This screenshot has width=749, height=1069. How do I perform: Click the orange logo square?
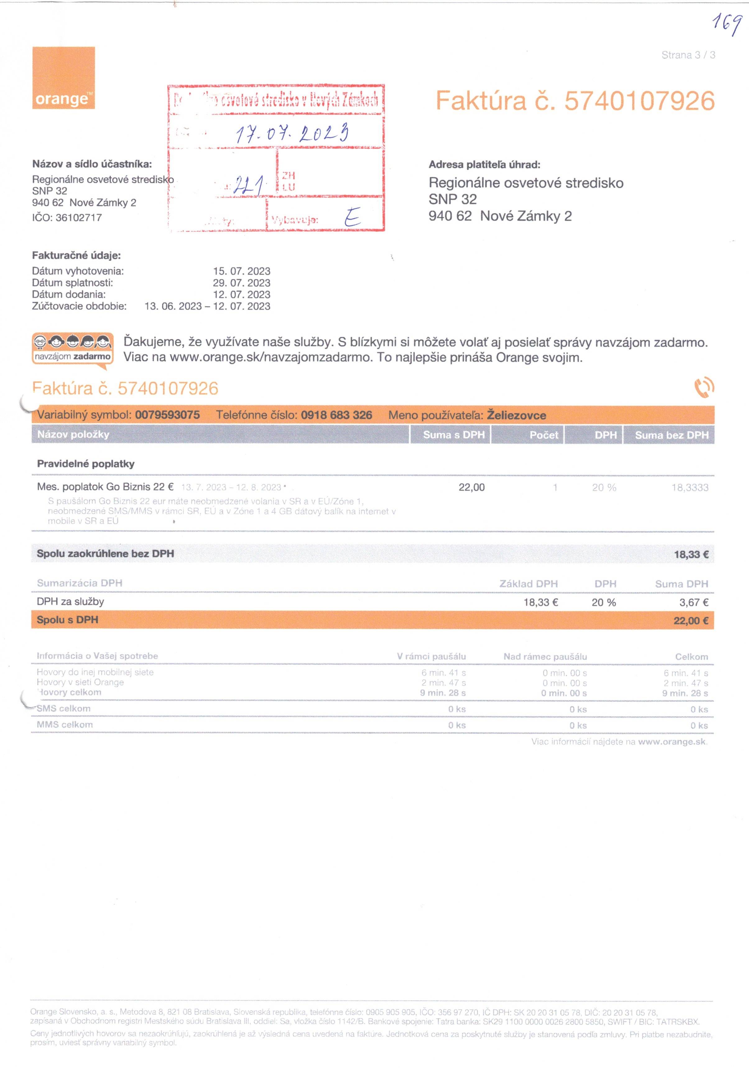point(63,78)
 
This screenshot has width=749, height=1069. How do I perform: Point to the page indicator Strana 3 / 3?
point(688,55)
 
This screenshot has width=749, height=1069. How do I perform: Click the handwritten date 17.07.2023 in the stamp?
point(292,134)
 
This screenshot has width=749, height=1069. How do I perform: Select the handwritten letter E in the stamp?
point(352,217)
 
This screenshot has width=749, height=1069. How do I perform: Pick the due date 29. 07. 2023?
point(242,283)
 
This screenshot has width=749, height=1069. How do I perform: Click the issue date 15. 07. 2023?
point(242,271)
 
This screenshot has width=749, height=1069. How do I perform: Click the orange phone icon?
point(704,387)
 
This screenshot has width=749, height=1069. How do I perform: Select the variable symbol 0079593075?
point(168,415)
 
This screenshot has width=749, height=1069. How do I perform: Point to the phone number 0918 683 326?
point(336,415)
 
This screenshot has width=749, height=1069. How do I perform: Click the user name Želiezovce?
point(516,415)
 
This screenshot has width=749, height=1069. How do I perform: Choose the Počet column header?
point(544,435)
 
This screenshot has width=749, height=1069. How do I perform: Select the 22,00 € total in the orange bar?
point(691,620)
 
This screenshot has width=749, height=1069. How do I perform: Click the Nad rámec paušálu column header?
point(545,657)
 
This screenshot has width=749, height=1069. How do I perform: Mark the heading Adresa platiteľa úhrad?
point(484,164)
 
